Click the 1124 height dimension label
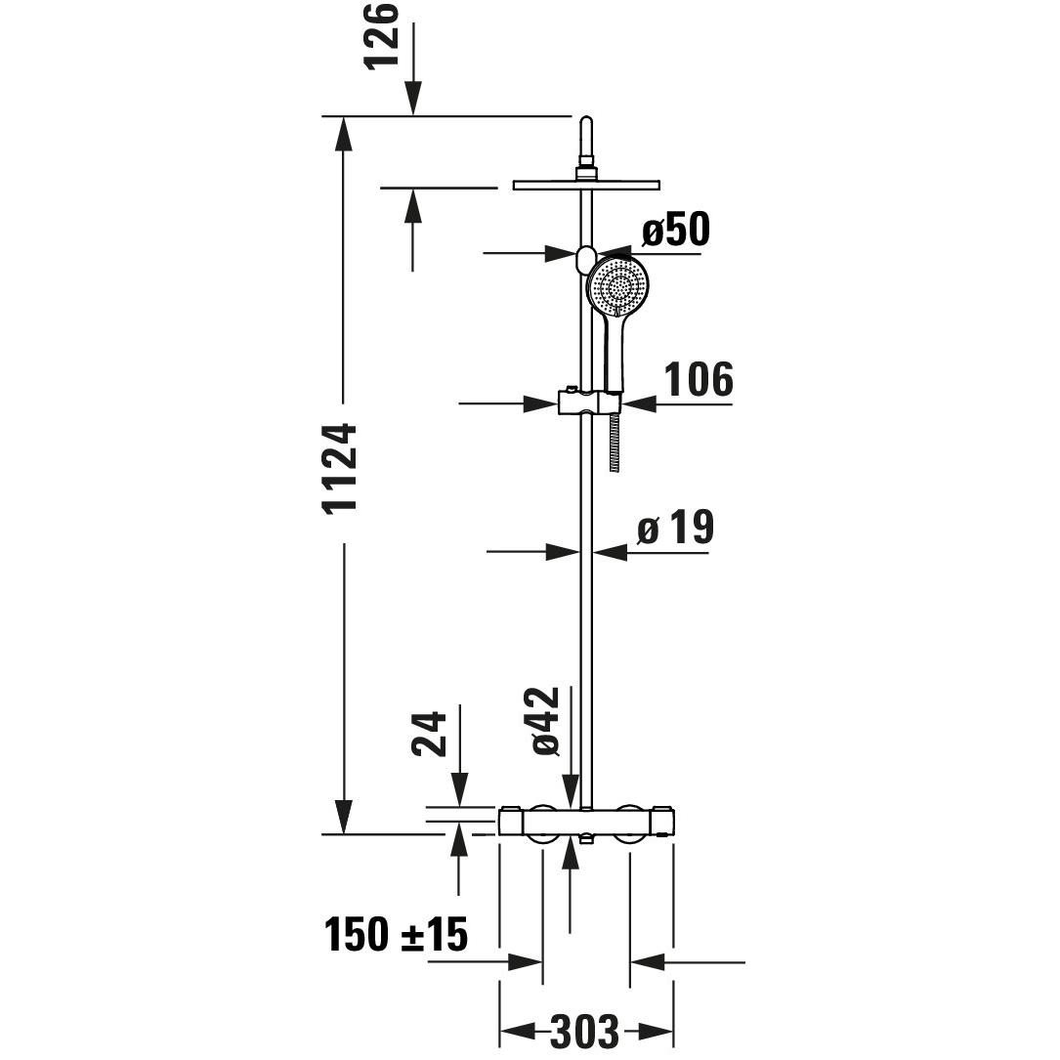(x=342, y=469)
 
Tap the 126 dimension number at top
(x=383, y=35)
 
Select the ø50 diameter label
(x=675, y=231)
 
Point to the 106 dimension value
(x=698, y=379)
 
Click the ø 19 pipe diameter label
(x=676, y=529)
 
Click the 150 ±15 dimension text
(x=397, y=936)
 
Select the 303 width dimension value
(x=584, y=1031)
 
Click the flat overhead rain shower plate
(x=586, y=185)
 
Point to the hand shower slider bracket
(x=588, y=402)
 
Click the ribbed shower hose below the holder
(x=615, y=442)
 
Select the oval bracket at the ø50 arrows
(x=585, y=260)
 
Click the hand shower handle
(x=615, y=352)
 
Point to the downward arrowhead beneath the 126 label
(x=412, y=99)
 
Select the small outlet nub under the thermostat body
(x=586, y=839)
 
